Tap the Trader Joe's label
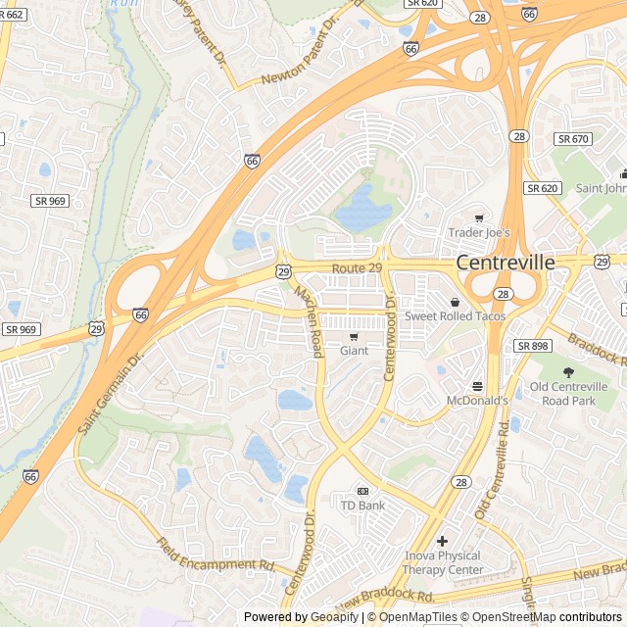pyautogui.click(x=479, y=232)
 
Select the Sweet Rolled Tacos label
pyautogui.click(x=456, y=316)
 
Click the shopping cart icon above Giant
pyautogui.click(x=354, y=336)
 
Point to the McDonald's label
pyautogui.click(x=477, y=400)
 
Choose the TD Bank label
pyautogui.click(x=362, y=505)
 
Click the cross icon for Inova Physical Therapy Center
pyautogui.click(x=443, y=541)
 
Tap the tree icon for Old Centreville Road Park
pyautogui.click(x=568, y=371)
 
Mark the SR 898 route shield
pyautogui.click(x=534, y=346)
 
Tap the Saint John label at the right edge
pyautogui.click(x=601, y=188)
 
